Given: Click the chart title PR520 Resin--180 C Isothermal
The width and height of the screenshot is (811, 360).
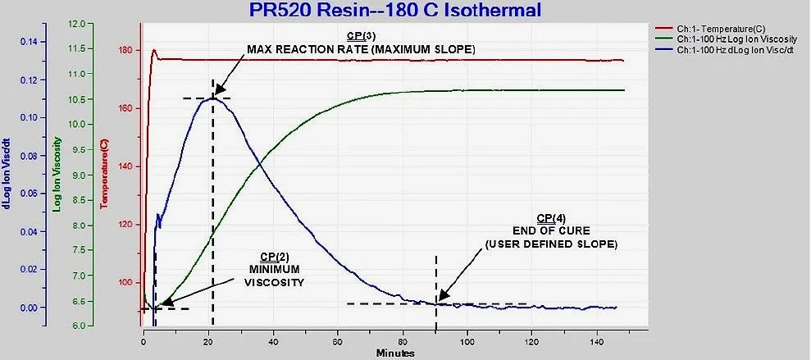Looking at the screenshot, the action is click(396, 9).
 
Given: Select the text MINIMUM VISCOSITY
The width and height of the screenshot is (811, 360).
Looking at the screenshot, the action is click(274, 276).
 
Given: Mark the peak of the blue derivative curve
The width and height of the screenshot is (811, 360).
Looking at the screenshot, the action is click(212, 98).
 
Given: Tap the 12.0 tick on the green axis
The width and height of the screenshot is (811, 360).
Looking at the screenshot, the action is click(76, 24).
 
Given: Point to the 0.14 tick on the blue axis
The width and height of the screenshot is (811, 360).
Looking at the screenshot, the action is click(29, 42).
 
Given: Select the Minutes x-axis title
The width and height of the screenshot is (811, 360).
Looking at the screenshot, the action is click(396, 353).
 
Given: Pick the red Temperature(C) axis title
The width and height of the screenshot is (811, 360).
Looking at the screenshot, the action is click(104, 175).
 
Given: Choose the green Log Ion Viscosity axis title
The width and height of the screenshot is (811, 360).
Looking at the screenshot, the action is click(57, 175).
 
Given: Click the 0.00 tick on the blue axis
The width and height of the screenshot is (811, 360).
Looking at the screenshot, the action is click(29, 308).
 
